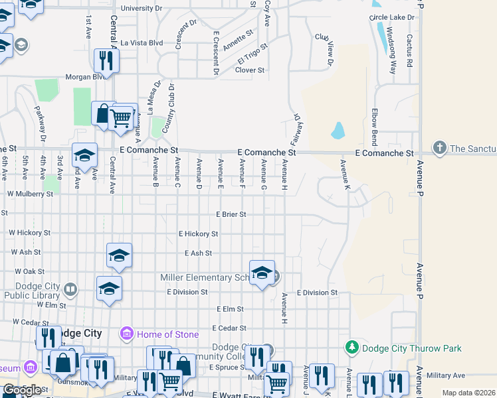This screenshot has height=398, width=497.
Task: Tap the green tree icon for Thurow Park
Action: coord(352,348)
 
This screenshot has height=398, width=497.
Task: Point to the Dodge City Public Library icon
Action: coord(71,289)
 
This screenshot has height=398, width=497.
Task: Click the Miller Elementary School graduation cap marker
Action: coord(262,273)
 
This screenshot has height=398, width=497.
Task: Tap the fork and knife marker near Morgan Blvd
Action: coord(106,61)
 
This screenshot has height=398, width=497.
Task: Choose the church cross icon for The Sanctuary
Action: coord(439,147)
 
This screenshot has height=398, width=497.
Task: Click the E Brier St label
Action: coord(231,214)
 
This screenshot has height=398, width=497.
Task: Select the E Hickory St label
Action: coord(198,233)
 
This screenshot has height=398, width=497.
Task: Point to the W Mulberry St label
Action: coord(30,194)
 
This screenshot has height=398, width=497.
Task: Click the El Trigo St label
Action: coord(252,52)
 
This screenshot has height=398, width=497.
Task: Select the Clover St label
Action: coord(250,70)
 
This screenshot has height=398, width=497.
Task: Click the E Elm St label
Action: coord(231,309)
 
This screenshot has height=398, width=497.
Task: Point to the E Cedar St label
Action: coord(229,328)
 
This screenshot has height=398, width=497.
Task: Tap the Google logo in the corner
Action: coord(21,390)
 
